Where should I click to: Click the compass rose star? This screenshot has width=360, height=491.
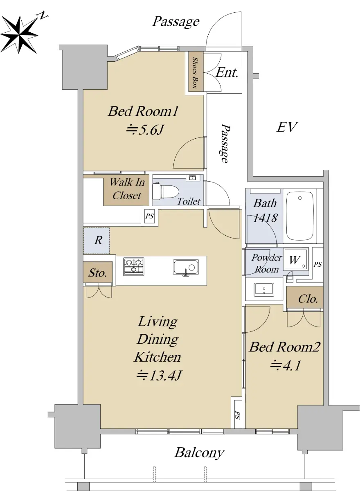[19, 35]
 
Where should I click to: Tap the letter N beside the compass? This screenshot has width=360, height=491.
[43, 16]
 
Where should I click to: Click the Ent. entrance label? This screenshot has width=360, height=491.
[227, 73]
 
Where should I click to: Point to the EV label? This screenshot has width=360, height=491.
[287, 127]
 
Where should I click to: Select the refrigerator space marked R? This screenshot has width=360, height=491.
[97, 241]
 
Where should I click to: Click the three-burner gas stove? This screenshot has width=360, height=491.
[134, 266]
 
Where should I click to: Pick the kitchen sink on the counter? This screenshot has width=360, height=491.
[186, 267]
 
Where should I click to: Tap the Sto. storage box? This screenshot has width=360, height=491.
[98, 272]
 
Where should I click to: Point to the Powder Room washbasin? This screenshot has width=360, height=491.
[264, 289]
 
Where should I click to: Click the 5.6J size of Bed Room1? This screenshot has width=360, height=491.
[144, 130]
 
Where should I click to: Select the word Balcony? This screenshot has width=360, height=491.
[199, 453]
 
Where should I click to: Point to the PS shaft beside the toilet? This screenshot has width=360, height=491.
[149, 216]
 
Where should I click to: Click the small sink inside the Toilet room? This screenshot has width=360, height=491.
[193, 178]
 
